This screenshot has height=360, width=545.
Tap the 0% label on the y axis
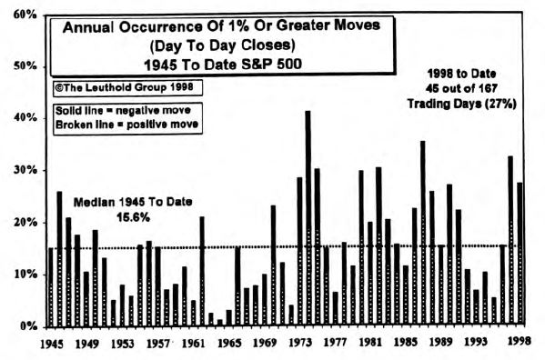25,325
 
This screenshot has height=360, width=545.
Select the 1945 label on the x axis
52,345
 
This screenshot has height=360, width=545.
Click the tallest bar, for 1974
308,218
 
